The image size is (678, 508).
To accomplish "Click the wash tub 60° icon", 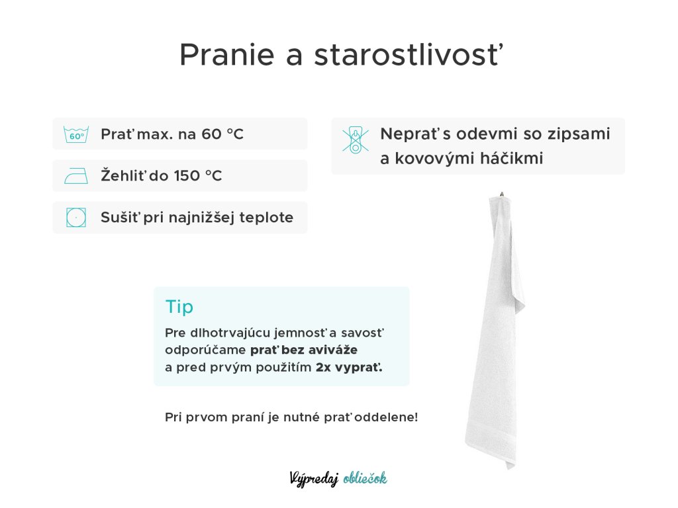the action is [76, 134].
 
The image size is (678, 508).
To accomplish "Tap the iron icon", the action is [76, 176].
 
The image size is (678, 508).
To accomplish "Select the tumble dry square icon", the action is [76, 217].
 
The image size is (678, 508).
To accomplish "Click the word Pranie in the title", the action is [227, 55].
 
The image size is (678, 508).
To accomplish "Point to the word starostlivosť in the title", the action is [409, 55].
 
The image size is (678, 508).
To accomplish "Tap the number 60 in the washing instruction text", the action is [212, 134].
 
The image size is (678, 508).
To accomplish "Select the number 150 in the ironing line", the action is [186, 176].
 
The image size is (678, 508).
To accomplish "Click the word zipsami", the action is [579, 134].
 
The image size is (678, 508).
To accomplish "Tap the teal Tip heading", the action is [179, 307].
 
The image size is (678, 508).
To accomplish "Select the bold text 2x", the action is [324, 368].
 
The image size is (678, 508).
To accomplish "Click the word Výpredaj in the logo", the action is [314, 479].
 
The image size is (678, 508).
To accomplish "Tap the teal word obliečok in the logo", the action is [365, 478].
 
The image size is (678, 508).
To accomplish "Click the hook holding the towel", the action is [502, 194].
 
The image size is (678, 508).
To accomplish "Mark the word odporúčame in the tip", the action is [205, 351].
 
